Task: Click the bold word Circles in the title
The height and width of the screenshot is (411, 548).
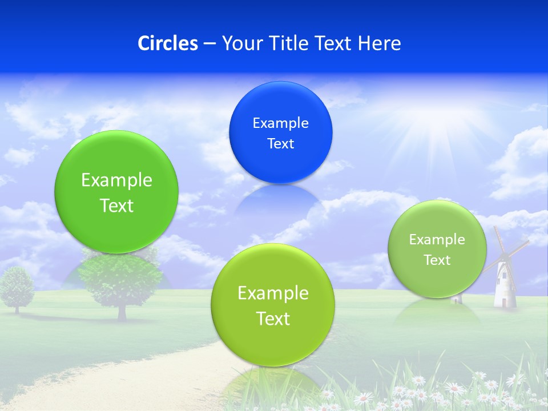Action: [x=167, y=43]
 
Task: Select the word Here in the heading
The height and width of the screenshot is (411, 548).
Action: [x=380, y=43]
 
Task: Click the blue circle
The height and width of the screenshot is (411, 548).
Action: [x=280, y=132]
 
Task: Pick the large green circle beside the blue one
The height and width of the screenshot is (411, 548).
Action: [x=116, y=192]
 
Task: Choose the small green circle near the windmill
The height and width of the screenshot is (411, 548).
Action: [x=437, y=249]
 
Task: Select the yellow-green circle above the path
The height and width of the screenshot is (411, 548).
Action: [x=273, y=305]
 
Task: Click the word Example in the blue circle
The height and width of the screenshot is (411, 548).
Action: [x=280, y=123]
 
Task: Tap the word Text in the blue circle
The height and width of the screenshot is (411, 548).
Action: [x=280, y=143]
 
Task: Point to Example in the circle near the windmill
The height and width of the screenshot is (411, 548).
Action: [x=437, y=239]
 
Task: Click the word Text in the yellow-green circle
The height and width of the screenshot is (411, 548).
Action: [x=273, y=318]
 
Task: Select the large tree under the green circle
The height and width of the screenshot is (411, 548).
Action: [x=121, y=280]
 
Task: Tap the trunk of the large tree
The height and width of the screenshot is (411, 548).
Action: [x=122, y=311]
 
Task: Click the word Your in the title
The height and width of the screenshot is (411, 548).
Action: [x=239, y=43]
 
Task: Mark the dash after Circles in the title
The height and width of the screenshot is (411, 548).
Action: [x=209, y=43]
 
